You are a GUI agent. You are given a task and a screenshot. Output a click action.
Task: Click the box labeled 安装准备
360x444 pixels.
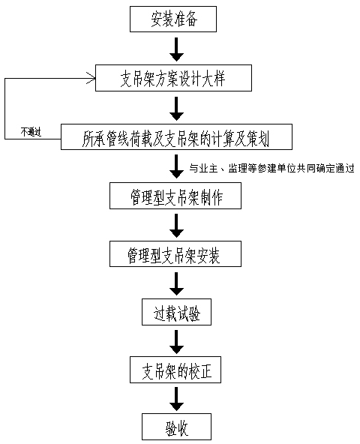coord(173,19)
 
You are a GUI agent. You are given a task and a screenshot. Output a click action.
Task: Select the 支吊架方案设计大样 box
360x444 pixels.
coord(173,78)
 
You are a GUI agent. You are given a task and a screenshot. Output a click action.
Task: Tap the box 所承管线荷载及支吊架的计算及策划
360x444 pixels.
coord(176,136)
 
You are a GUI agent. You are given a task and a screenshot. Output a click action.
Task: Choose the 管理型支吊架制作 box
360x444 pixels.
coord(175,196)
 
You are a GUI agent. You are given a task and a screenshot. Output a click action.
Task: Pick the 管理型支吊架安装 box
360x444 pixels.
coord(175,253)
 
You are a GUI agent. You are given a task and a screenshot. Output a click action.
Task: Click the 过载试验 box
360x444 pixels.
coord(176,312)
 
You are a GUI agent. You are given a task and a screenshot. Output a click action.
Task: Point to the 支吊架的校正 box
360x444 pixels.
coord(175,370)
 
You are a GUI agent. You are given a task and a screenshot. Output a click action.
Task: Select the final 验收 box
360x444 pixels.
coord(176,427)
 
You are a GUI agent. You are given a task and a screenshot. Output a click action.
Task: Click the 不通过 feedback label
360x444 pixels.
coord(31,132)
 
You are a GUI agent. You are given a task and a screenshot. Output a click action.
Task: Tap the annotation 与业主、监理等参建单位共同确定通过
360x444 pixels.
coord(271,169)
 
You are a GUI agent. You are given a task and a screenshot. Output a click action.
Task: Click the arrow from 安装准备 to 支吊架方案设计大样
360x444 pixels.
coord(176,49)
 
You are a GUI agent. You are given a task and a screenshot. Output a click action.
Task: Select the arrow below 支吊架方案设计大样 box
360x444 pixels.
coord(176,109)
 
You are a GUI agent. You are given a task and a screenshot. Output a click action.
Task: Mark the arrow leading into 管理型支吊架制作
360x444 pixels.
coord(176,166)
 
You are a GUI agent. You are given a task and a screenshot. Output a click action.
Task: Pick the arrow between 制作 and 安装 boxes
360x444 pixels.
coord(176,226)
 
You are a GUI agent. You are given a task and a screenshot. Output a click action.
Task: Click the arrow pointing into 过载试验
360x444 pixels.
coord(176,284)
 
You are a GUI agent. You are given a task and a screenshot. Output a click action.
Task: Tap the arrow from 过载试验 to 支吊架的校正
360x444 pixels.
coord(176,342)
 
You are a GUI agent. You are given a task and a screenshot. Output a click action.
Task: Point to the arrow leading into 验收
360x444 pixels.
coord(176,399)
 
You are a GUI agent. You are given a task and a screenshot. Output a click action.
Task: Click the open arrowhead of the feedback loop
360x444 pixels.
coord(91,78)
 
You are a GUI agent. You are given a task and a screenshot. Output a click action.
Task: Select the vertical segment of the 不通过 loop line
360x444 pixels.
coord(4,109)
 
